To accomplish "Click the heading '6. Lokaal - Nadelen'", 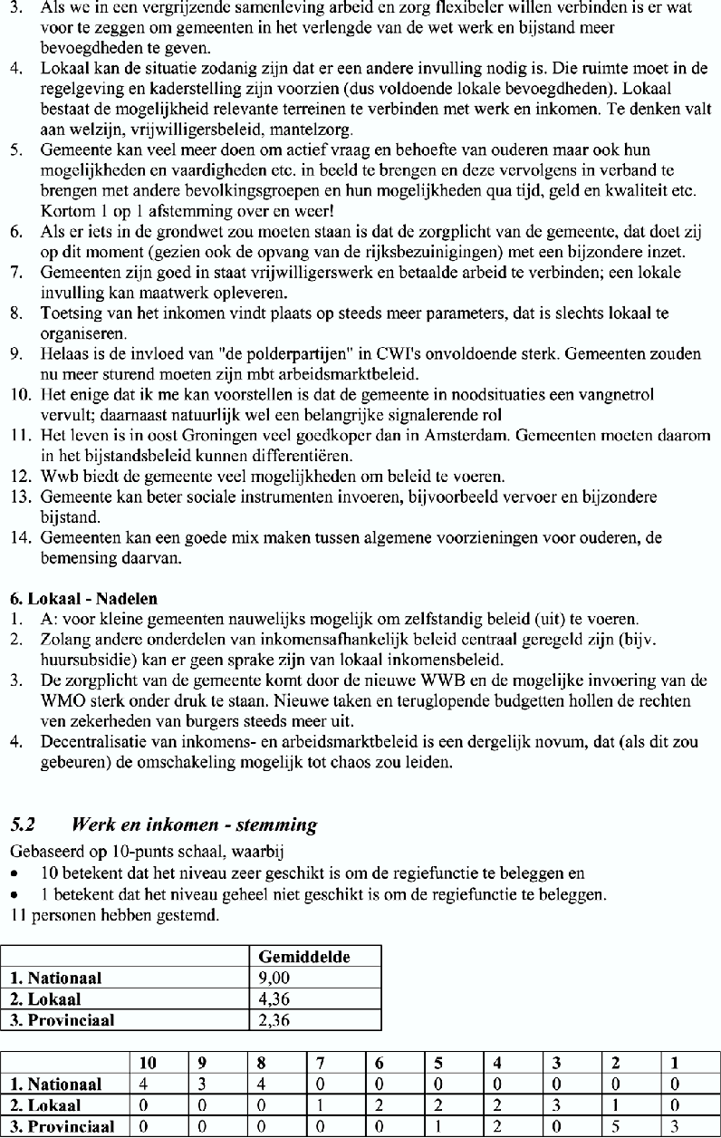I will click(83, 599).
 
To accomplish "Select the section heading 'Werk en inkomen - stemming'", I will click(194, 825).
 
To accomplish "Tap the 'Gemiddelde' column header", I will click(304, 957).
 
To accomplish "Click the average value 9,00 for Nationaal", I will click(274, 979).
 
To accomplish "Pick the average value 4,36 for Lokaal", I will click(274, 999).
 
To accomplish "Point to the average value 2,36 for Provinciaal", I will click(274, 1020).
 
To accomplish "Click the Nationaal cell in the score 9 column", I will click(200, 1084).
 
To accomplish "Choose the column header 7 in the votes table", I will click(319, 1063).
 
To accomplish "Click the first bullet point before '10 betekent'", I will click(15, 873).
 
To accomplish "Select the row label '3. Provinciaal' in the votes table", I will click(62, 1127).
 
